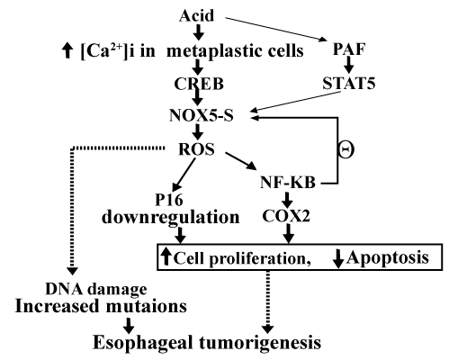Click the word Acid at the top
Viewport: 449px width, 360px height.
tap(197, 15)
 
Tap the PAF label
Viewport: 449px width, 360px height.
tap(349, 49)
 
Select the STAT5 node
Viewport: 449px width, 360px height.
tap(349, 83)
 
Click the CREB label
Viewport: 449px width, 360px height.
tap(199, 84)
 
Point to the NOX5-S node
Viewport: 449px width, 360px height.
tap(202, 115)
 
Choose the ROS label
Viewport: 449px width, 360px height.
tap(196, 149)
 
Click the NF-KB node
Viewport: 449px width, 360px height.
tap(288, 183)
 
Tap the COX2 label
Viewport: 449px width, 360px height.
tap(286, 215)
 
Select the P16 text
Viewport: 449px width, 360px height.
tap(169, 200)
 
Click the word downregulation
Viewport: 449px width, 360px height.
tap(171, 217)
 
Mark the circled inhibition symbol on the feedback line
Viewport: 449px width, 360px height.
tap(346, 149)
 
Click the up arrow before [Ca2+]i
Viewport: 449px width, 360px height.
tap(67, 50)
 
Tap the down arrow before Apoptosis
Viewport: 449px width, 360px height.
tap(338, 258)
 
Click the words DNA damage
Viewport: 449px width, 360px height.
tap(96, 289)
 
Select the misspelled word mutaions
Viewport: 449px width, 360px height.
tap(147, 306)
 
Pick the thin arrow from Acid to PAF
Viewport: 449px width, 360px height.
tap(276, 29)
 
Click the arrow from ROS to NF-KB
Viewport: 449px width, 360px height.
tap(241, 161)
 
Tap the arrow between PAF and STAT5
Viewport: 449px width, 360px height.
tap(349, 65)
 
